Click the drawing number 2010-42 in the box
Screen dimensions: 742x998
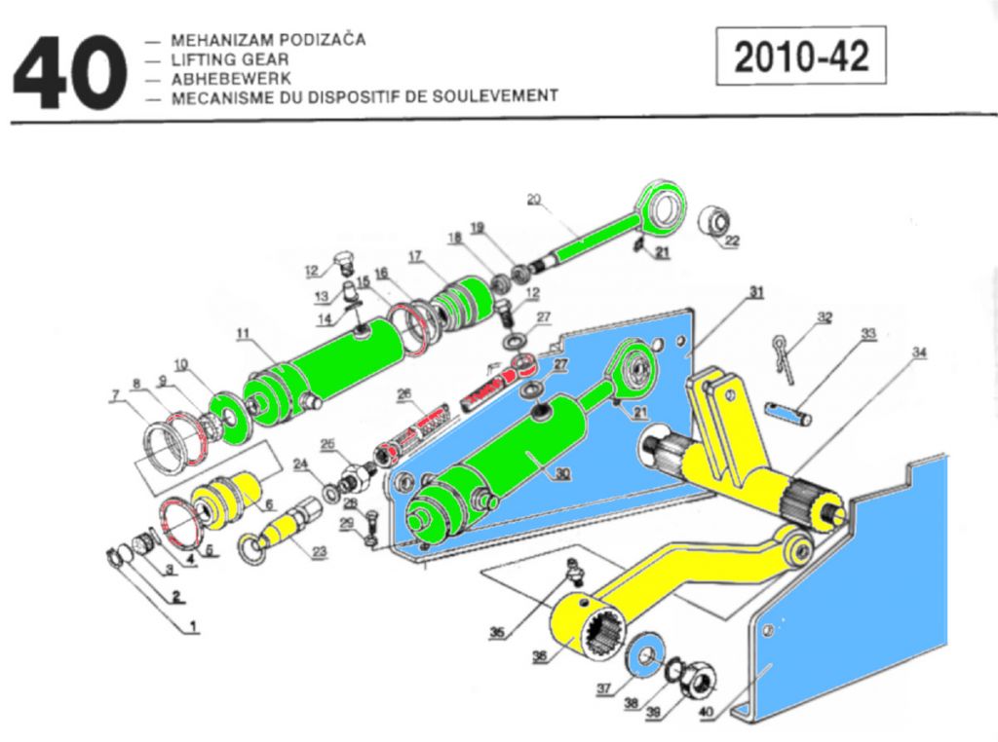(801, 57)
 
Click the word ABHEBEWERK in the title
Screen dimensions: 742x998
(224, 78)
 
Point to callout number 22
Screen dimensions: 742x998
(731, 241)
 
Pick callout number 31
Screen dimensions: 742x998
(755, 292)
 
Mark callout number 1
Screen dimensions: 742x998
(193, 628)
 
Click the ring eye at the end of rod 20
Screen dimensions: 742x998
(666, 206)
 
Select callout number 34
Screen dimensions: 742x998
(918, 351)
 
